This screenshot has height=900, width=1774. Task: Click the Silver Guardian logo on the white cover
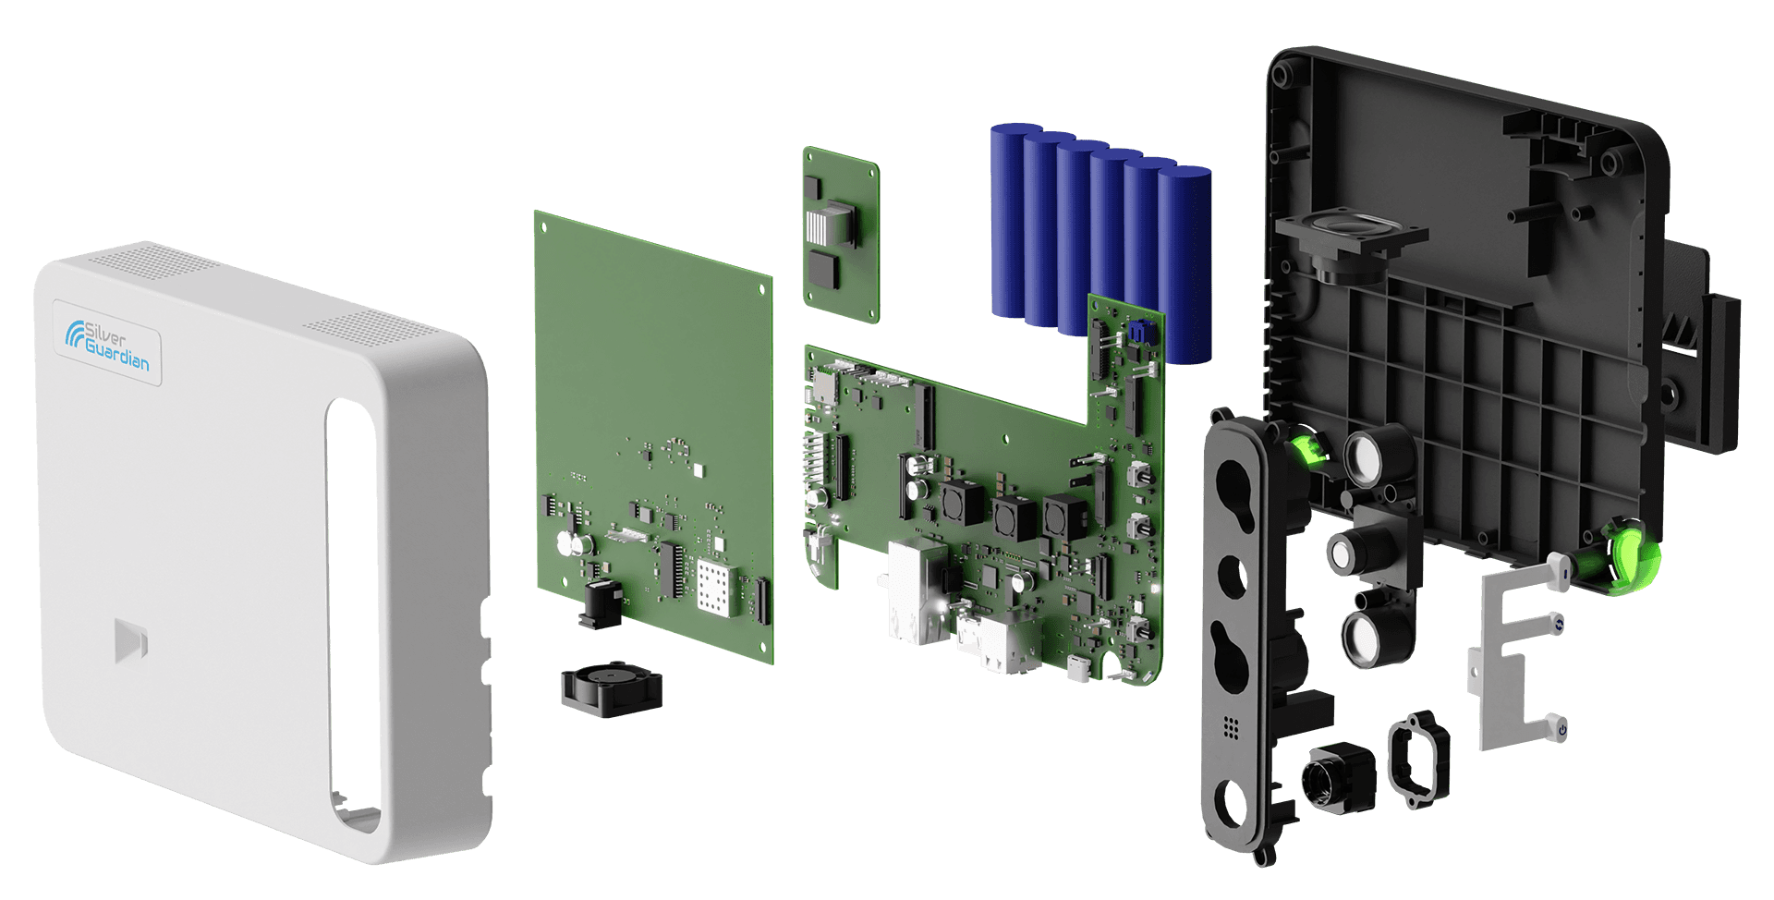[x=106, y=344]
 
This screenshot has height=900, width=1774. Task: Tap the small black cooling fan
[x=612, y=689]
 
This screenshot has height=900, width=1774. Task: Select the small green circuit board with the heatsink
[x=841, y=235]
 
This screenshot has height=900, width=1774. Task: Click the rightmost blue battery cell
[x=1185, y=265]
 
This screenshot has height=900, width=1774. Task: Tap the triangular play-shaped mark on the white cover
[x=130, y=640]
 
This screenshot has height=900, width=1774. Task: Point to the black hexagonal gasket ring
[x=1419, y=759]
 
